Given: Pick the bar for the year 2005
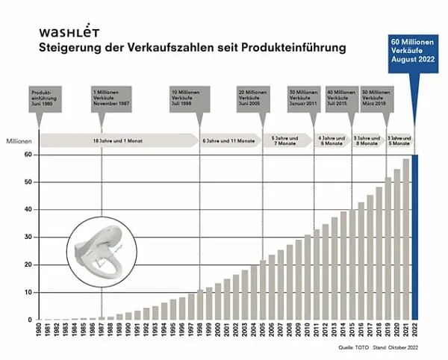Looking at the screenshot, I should click(x=262, y=291).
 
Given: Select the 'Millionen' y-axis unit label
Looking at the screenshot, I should click(x=19, y=140).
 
